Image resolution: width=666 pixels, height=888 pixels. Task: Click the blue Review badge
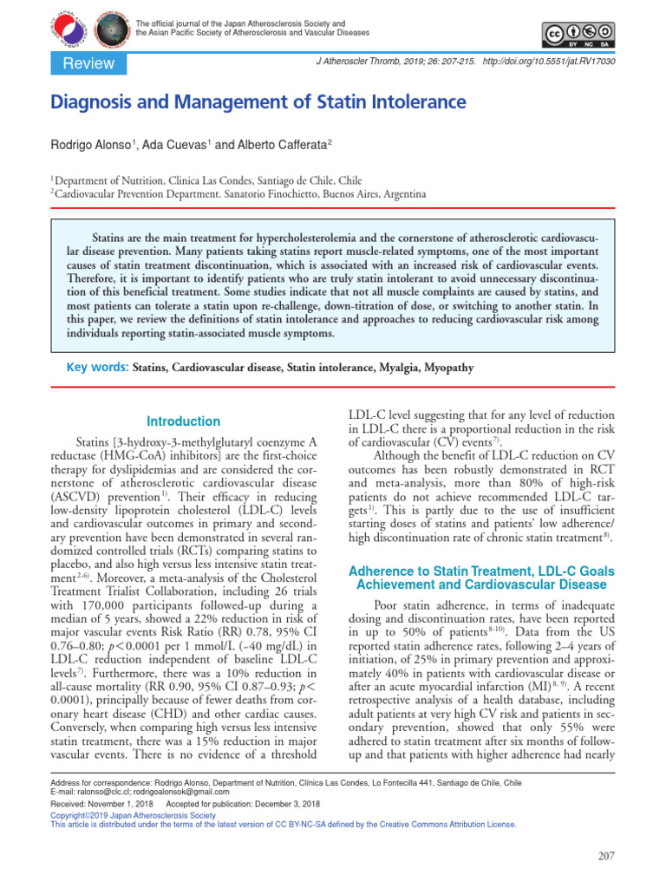pyautogui.click(x=83, y=63)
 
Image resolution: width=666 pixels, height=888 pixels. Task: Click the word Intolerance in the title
pyautogui.click(x=416, y=102)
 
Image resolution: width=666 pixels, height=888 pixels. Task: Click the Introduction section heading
pyautogui.click(x=183, y=421)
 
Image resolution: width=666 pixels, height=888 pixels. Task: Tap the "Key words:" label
pyautogui.click(x=98, y=368)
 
